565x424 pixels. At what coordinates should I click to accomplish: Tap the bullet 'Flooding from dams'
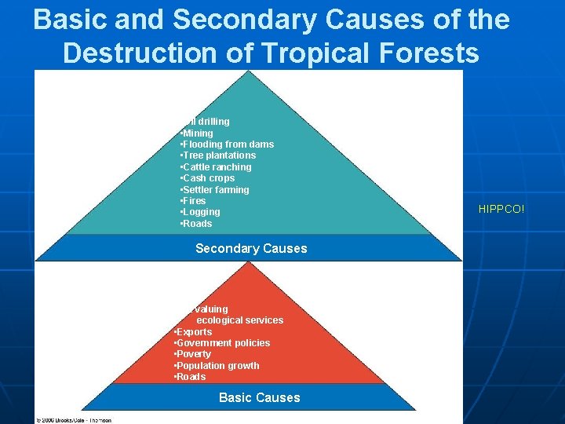(x=227, y=144)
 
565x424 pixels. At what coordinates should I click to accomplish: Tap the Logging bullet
(x=200, y=212)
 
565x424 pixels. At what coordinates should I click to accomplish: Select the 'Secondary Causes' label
(x=251, y=248)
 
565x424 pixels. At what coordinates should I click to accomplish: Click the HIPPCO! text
(x=501, y=209)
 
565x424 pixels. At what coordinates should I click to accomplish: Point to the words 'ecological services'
(x=239, y=320)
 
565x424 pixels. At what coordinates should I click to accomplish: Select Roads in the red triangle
(x=190, y=377)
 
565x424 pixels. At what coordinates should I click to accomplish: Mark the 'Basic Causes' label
(x=259, y=397)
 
